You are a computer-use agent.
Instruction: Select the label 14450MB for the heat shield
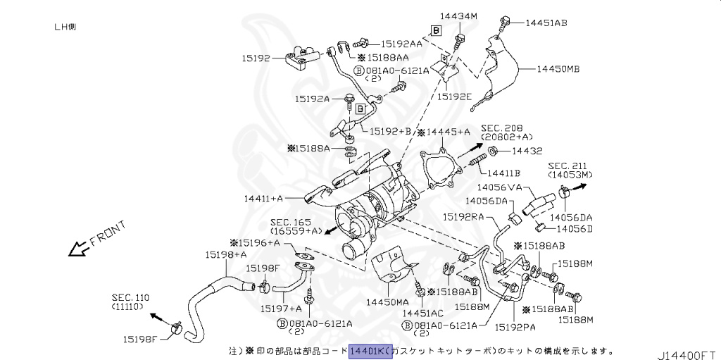(x=558, y=69)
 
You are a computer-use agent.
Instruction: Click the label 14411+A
(x=263, y=199)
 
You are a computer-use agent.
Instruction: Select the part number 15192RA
(x=463, y=218)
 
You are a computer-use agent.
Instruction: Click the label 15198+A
(x=226, y=254)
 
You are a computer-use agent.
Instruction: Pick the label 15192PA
(x=516, y=327)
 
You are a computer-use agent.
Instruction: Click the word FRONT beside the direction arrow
(x=108, y=235)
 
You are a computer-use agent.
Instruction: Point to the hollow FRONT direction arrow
(x=73, y=249)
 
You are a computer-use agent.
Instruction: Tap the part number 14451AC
(x=423, y=312)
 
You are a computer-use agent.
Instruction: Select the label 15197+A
(x=280, y=308)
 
